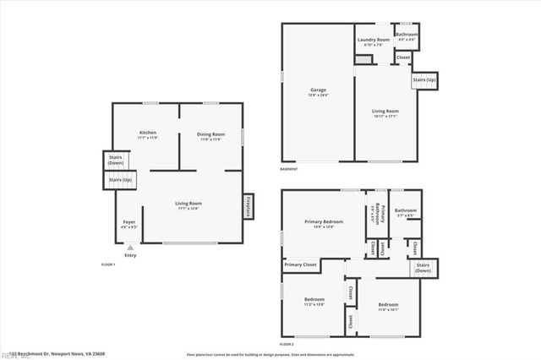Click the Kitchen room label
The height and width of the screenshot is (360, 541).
pos(147,134)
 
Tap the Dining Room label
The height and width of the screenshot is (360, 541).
pos(210,134)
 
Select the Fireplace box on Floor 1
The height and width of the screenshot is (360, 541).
pos(249,207)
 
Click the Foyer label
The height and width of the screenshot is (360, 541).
pos(128,222)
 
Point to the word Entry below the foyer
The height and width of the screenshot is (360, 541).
pos(129,255)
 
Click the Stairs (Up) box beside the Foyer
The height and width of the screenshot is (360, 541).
pos(120,179)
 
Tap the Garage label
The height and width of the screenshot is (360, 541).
pos(318,90)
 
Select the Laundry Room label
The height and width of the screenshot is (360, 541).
pos(373,40)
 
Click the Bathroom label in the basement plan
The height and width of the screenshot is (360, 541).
pos(407,35)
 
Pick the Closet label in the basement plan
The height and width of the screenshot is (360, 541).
pos(403,57)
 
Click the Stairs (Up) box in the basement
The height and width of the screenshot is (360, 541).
pos(424,80)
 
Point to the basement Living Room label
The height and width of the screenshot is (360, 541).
pos(385,111)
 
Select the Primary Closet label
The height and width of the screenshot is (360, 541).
pos(300,265)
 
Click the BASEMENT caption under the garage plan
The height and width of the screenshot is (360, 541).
pos(288,169)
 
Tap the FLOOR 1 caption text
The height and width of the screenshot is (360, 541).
pos(107,265)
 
